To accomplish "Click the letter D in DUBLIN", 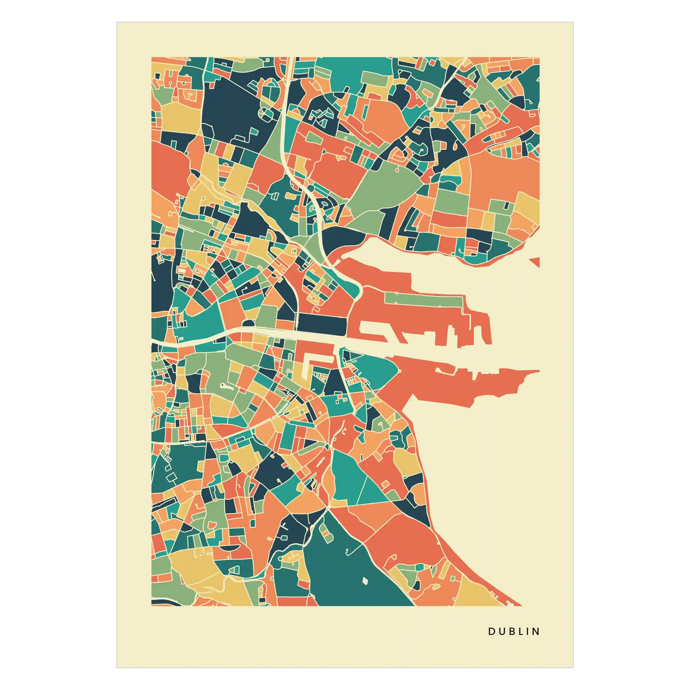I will pyautogui.click(x=491, y=632).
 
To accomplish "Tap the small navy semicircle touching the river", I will pyautogui.click(x=247, y=324).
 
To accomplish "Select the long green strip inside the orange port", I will pyautogui.click(x=425, y=299).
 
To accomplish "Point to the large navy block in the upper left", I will pyautogui.click(x=230, y=107).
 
